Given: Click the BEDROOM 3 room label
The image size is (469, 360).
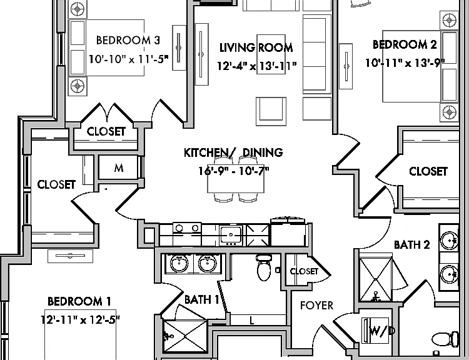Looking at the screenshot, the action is [128, 40].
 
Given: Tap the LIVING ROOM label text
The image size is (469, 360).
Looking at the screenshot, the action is [256, 47].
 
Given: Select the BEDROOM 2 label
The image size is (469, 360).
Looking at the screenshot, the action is [405, 44].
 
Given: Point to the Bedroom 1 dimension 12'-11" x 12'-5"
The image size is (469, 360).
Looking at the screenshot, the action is [81, 319].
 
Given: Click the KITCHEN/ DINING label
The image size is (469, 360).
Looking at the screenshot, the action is [233, 152].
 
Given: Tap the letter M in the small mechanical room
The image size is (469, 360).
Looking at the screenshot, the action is [119, 168].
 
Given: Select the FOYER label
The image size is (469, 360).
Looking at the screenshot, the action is [316, 306].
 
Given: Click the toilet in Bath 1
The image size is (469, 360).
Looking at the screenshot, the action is [263, 267].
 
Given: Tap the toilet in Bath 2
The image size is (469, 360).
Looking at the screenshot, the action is [446, 339].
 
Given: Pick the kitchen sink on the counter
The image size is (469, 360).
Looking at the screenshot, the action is [231, 236].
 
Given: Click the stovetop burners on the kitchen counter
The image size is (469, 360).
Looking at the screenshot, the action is [187, 229].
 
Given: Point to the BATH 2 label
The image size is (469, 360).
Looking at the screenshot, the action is [412, 245].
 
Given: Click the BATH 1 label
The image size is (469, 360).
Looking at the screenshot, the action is [201, 299].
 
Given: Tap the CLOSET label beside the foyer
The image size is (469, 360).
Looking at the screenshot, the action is [304, 271].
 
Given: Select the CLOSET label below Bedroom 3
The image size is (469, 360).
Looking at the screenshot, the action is [106, 131].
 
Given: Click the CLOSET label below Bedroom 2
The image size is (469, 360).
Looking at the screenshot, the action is [428, 172].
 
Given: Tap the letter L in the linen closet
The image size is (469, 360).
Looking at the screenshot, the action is [252, 321].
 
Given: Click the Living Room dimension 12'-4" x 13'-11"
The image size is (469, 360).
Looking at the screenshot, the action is [256, 66].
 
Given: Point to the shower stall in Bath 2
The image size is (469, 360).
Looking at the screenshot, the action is [376, 279].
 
